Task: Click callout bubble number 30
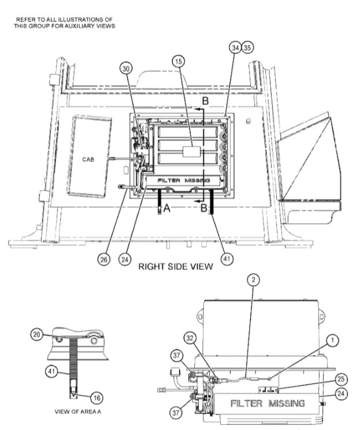coord(126,68)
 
